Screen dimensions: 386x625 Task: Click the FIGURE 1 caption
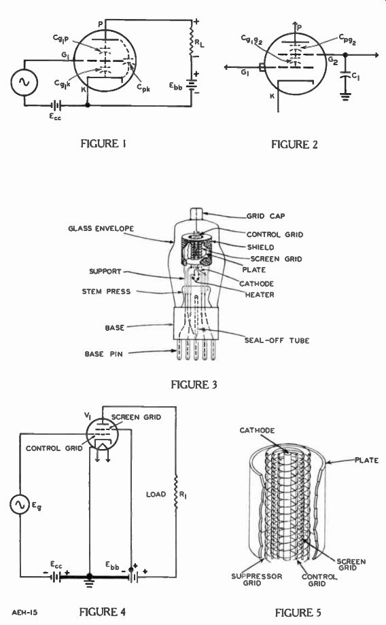pyautogui.click(x=103, y=143)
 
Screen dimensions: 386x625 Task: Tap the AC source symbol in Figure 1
pyautogui.click(x=24, y=82)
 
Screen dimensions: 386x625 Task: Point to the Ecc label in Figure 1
pyautogui.click(x=56, y=117)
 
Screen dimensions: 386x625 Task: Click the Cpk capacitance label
pyautogui.click(x=143, y=88)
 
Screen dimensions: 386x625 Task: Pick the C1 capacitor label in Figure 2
pyautogui.click(x=355, y=77)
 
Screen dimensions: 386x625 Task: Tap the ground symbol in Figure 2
pyautogui.click(x=345, y=96)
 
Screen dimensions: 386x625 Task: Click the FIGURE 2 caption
pyautogui.click(x=294, y=144)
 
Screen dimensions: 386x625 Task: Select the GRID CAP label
pyautogui.click(x=266, y=216)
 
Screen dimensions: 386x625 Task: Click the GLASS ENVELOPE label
pyautogui.click(x=101, y=228)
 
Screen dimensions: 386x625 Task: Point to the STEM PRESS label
pyautogui.click(x=106, y=291)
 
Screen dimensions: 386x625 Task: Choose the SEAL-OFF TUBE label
pyautogui.click(x=277, y=340)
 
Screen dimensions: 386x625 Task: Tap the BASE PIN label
pyautogui.click(x=104, y=354)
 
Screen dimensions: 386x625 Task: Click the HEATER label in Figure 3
pyautogui.click(x=260, y=295)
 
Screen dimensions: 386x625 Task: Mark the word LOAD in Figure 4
pyautogui.click(x=156, y=495)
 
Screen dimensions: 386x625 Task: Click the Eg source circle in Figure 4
pyautogui.click(x=20, y=504)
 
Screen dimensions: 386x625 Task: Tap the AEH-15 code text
pyautogui.click(x=24, y=612)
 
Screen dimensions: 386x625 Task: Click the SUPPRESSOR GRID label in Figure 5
pyautogui.click(x=256, y=579)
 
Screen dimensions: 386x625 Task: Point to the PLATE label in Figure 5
pyautogui.click(x=366, y=460)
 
